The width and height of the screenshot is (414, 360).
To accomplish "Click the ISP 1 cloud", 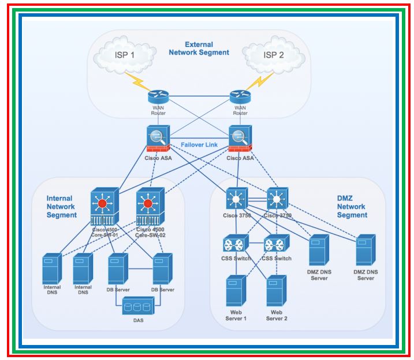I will [124, 55].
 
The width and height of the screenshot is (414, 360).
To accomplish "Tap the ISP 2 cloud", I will [273, 55].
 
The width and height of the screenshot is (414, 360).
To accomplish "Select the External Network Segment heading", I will [199, 48].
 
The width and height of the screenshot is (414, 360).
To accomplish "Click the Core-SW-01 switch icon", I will [104, 208].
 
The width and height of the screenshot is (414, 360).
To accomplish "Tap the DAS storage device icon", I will [139, 306].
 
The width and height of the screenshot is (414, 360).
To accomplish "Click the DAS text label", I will [139, 320].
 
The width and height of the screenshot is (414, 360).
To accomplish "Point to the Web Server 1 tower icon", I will [236, 291].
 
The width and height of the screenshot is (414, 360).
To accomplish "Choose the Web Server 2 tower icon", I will [276, 291].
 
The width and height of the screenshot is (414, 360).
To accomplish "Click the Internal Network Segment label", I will [61, 207].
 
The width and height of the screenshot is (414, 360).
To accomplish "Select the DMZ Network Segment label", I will [352, 207].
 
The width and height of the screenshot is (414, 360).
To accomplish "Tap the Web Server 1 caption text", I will [235, 315].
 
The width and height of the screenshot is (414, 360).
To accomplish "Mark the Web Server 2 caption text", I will [275, 315].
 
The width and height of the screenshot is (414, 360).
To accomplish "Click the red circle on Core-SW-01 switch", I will [104, 204].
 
